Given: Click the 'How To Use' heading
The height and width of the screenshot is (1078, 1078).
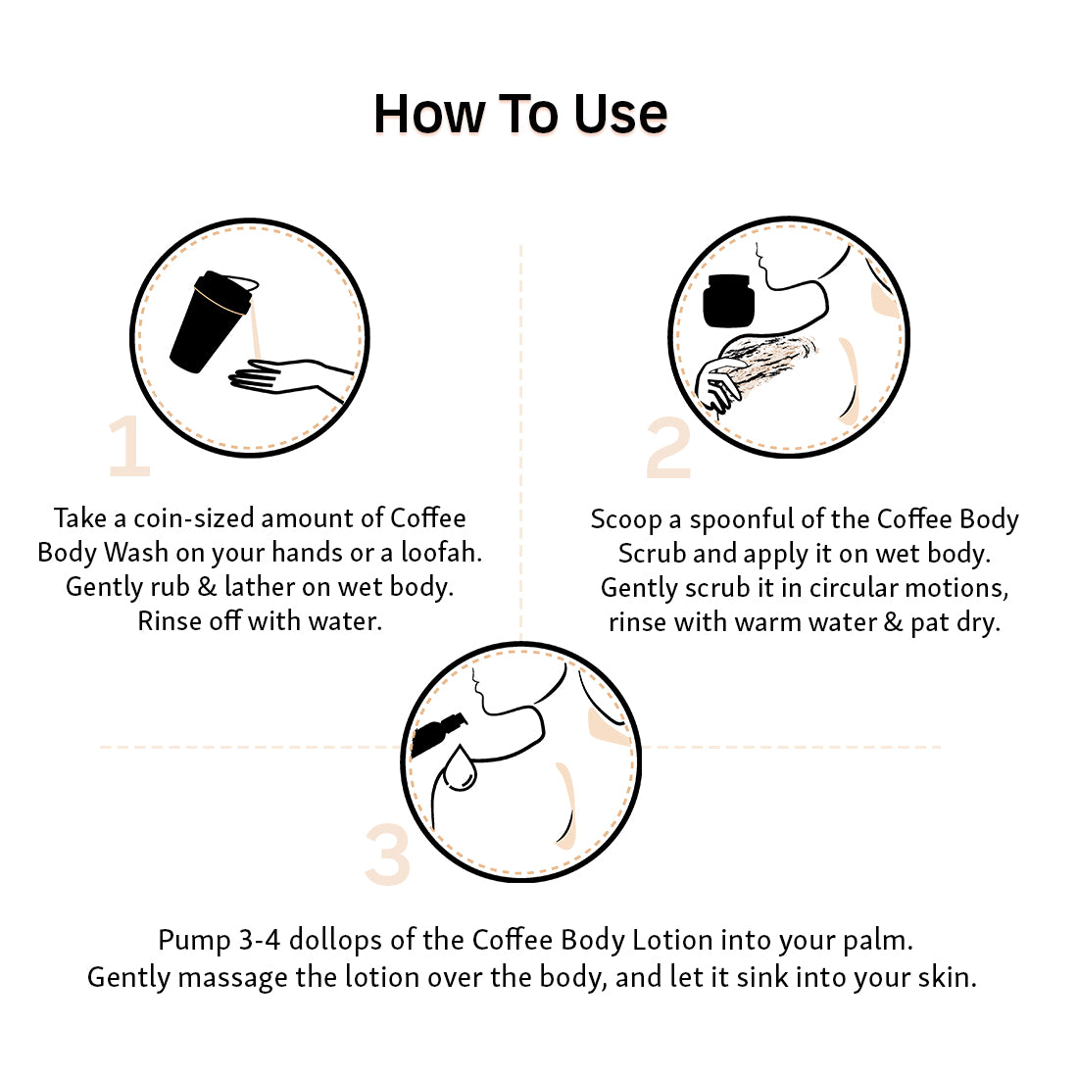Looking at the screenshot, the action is point(520,114).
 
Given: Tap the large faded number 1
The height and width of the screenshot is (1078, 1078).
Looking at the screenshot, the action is point(130,446).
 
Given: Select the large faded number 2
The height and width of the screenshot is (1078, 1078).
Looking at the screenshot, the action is point(668,448).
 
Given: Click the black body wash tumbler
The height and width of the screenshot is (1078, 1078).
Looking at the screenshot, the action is point(210,321).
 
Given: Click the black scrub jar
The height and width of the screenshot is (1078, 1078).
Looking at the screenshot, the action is point(729,301).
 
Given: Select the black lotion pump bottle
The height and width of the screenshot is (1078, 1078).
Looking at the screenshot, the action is point(438,734).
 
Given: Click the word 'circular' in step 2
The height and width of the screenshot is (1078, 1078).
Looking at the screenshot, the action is point(854,588).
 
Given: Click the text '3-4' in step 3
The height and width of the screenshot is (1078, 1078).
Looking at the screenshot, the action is point(260,940).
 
